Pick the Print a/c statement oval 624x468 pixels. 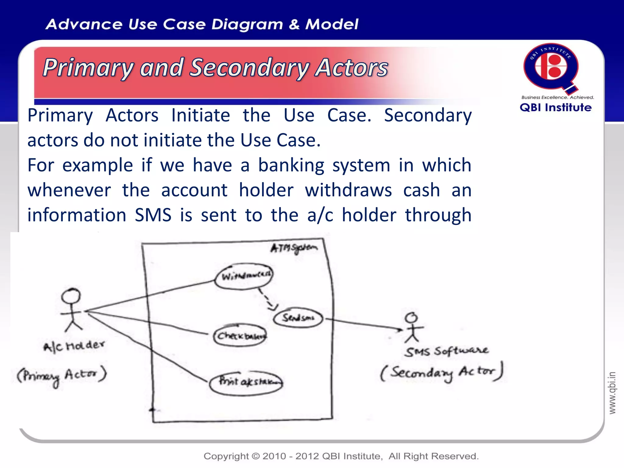point(246,383)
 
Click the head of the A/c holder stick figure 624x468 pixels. point(71,296)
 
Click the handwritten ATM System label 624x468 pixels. point(294,248)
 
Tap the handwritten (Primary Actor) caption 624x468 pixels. point(62,376)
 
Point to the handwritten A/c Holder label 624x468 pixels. point(74,346)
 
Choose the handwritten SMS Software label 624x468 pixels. point(446,351)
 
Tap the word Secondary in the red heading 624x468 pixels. point(249,68)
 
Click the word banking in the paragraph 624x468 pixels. point(291,165)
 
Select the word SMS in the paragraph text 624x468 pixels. point(153,215)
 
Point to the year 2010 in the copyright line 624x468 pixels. point(274,456)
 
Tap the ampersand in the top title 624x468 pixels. point(294,24)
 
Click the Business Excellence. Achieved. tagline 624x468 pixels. point(557,97)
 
